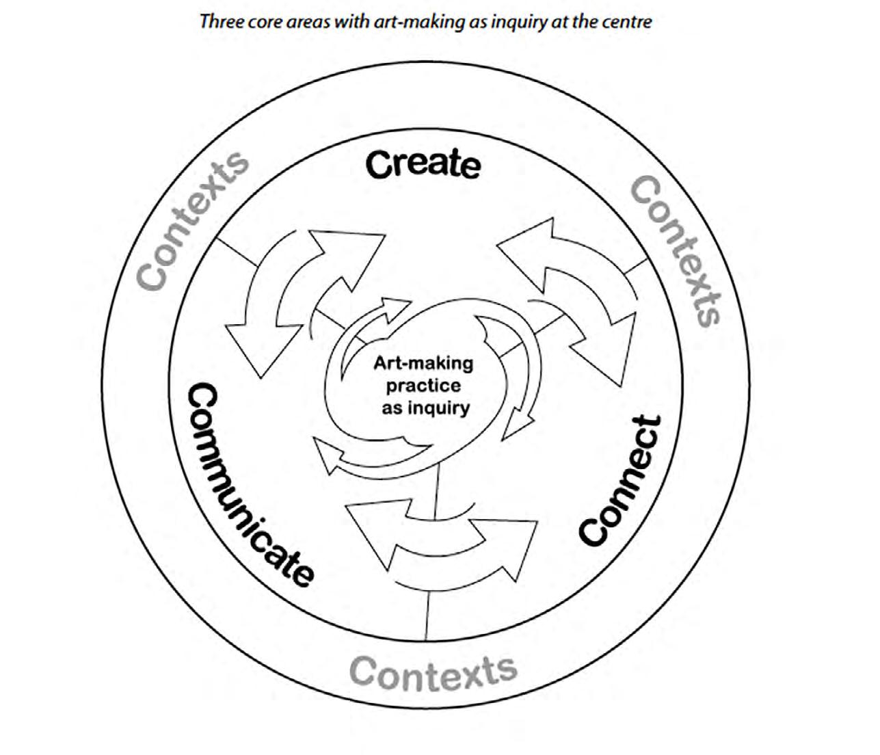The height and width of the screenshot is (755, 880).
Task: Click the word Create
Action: [423, 165]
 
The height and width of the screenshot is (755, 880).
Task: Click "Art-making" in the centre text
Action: [423, 362]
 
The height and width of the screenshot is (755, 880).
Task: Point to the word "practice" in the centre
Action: [423, 385]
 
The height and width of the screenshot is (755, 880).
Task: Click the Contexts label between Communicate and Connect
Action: [433, 672]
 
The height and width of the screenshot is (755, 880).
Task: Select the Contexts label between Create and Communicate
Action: [192, 220]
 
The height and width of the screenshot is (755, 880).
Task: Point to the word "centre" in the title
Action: [628, 21]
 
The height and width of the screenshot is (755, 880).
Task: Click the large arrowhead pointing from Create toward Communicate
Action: [256, 345]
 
